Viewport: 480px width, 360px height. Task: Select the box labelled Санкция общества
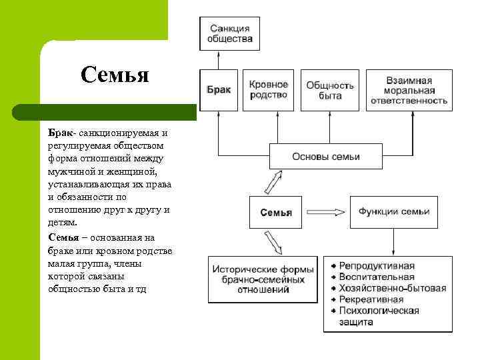tap(230, 33)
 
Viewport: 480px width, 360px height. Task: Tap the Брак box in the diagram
tap(219, 89)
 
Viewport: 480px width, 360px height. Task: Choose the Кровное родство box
tap(269, 89)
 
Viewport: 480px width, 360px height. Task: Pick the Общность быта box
tap(329, 89)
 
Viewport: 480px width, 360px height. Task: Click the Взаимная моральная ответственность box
tap(409, 89)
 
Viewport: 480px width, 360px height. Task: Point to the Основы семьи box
tap(326, 157)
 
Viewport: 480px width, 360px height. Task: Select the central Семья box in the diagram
tap(275, 213)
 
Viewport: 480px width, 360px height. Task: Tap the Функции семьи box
tap(393, 212)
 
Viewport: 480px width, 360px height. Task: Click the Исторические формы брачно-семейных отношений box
tap(263, 279)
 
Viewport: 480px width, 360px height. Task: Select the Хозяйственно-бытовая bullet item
tap(392, 288)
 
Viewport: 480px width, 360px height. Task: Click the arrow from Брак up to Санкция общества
tap(218, 60)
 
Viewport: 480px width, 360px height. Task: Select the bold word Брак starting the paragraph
tap(59, 133)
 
